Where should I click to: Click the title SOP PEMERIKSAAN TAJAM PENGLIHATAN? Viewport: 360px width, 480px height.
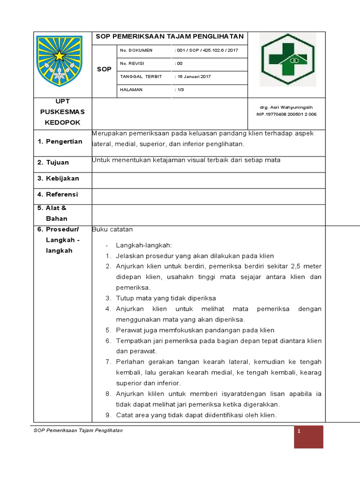170,37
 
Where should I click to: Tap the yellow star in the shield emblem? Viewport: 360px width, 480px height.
59,56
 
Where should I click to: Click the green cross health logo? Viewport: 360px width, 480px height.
288,60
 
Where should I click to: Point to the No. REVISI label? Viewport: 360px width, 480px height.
134,63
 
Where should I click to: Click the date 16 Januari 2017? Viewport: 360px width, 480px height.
193,76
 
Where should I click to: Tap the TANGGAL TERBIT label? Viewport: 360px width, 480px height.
141,76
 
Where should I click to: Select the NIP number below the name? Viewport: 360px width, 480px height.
286,114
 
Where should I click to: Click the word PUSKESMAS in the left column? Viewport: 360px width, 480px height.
62,112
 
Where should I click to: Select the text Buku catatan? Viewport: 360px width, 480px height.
113,230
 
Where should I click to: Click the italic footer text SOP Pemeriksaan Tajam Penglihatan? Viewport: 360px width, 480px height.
79,430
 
